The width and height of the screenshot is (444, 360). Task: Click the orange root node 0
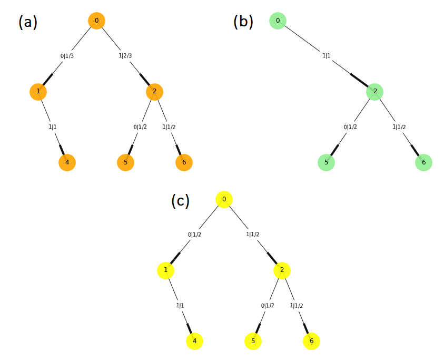coord(96,21)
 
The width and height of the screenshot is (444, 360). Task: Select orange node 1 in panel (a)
coord(38,92)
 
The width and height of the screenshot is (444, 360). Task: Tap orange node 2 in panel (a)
coord(154,92)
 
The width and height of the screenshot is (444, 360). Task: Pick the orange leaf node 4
coord(67,162)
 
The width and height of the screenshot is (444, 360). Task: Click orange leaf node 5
coord(125,162)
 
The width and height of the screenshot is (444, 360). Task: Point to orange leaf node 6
coord(184,162)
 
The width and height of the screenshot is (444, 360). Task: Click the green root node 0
coord(278,21)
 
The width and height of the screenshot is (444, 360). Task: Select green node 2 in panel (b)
coord(375,92)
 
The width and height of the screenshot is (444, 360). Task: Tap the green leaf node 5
coord(326,162)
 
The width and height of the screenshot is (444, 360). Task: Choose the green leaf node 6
coord(423,162)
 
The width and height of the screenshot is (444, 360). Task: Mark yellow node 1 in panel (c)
coord(165,270)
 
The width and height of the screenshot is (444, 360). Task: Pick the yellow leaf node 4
coord(194,341)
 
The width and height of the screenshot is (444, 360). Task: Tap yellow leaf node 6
coord(311,341)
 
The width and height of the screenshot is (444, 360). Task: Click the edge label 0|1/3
coord(67,56)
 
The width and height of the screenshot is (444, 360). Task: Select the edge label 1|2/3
coord(126,56)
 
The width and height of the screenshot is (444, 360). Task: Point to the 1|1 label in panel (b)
coord(327,56)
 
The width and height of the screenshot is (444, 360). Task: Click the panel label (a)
coord(28,22)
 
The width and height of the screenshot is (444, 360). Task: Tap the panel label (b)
coord(243,21)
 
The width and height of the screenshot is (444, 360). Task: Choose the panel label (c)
coord(181,201)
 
